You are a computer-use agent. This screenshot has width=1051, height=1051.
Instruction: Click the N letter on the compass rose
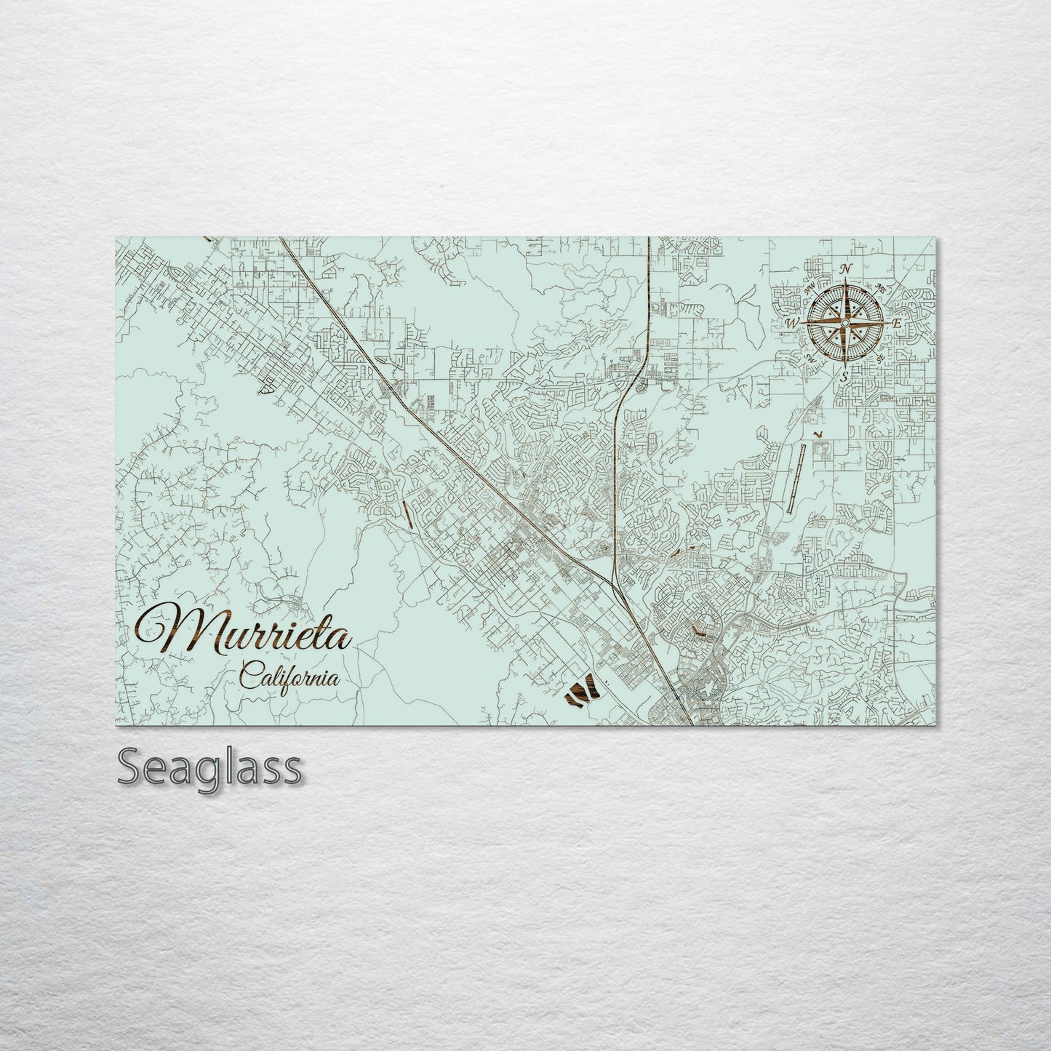[x=846, y=270]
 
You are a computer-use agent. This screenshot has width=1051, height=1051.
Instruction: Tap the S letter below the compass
[x=844, y=377]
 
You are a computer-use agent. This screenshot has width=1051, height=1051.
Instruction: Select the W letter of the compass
[x=792, y=322]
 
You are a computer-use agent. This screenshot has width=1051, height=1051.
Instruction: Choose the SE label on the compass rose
[x=881, y=358]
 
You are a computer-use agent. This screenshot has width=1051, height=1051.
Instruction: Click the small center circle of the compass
[x=845, y=322]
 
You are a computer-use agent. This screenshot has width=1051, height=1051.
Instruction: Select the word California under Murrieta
[x=289, y=679]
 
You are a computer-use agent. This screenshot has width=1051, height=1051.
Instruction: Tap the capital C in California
[x=248, y=678]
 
